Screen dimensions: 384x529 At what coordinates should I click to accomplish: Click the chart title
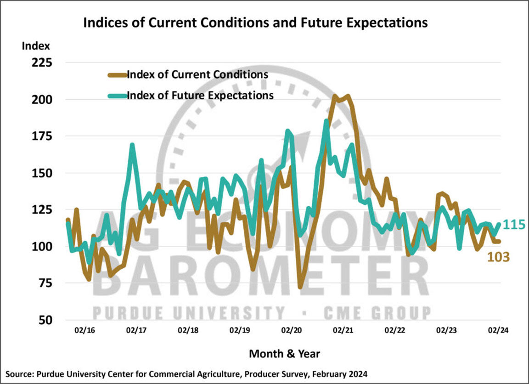pyautogui.click(x=255, y=23)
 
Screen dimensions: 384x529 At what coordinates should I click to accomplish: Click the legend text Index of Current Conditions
pyautogui.click(x=197, y=74)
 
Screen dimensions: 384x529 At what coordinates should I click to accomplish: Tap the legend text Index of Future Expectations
pyautogui.click(x=200, y=96)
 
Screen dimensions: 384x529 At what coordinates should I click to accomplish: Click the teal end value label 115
pyautogui.click(x=514, y=225)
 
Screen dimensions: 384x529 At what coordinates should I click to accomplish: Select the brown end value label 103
pyautogui.click(x=498, y=257)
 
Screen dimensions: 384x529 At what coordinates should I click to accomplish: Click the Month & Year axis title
pyautogui.click(x=284, y=354)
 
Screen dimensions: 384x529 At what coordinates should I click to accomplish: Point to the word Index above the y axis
pyautogui.click(x=35, y=46)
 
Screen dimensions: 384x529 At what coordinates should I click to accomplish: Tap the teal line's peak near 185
pyautogui.click(x=326, y=121)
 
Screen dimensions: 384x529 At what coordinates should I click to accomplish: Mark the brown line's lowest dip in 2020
pyautogui.click(x=300, y=287)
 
